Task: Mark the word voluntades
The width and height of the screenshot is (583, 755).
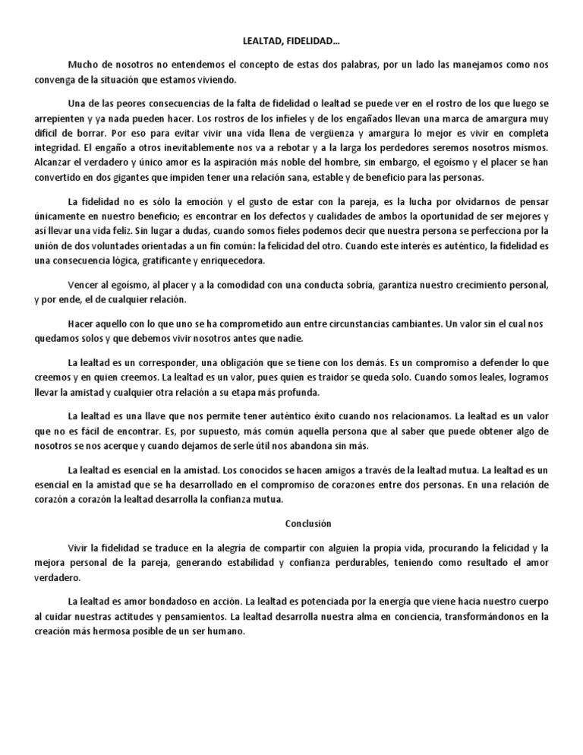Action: [135, 246]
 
